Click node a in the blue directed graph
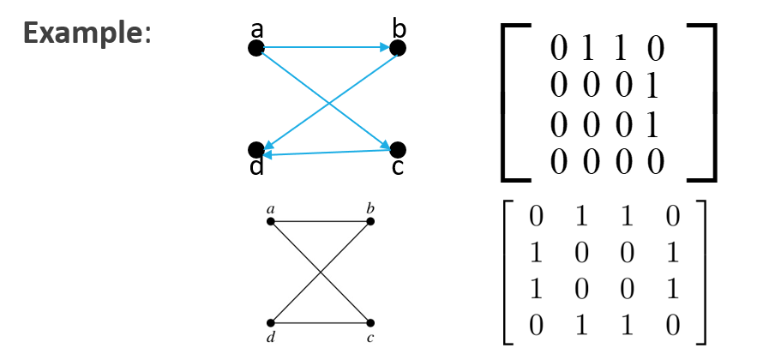pyautogui.click(x=255, y=49)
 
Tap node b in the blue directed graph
pyautogui.click(x=397, y=49)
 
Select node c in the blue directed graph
pyautogui.click(x=397, y=150)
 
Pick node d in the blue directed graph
pyautogui.click(x=255, y=150)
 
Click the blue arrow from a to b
pyautogui.click(x=326, y=49)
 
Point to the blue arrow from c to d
pyautogui.click(x=326, y=153)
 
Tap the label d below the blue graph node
pyautogui.click(x=256, y=167)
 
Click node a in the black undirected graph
pyautogui.click(x=270, y=221)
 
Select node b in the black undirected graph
pyautogui.click(x=370, y=221)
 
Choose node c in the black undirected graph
pyautogui.click(x=370, y=322)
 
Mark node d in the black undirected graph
pyautogui.click(x=270, y=322)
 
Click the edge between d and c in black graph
pyautogui.click(x=320, y=322)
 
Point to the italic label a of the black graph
pyautogui.click(x=270, y=208)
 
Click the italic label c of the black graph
pyautogui.click(x=371, y=338)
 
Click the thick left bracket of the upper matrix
pyautogui.click(x=505, y=103)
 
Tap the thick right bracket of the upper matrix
pyautogui.click(x=712, y=103)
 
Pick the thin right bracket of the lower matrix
pyautogui.click(x=703, y=271)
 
